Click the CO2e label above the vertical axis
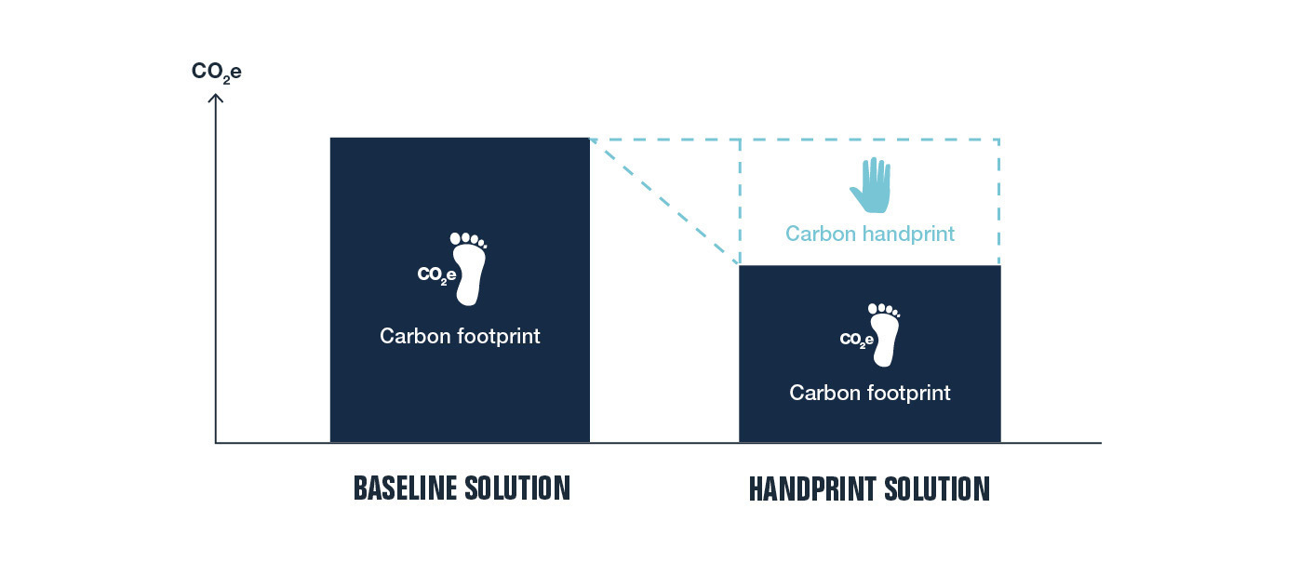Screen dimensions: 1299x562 point(216,73)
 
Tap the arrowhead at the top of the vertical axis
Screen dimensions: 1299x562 point(216,99)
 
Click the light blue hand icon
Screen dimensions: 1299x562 point(871,185)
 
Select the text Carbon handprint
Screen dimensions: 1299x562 point(869,234)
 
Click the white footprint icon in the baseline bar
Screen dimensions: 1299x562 point(469,269)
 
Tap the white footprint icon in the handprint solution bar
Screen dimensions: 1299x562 point(884,335)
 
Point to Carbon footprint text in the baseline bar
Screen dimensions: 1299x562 point(460,336)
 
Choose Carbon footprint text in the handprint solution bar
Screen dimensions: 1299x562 point(870,393)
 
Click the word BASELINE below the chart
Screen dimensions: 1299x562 point(404,488)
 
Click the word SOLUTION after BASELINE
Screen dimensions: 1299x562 point(517,488)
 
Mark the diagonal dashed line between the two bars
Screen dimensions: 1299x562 point(664,201)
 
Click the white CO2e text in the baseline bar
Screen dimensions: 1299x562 point(436,274)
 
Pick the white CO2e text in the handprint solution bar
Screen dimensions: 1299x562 point(856,340)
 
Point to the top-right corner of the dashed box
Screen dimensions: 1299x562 point(999,140)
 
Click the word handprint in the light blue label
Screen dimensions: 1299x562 point(908,234)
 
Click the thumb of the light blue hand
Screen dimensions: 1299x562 point(857,194)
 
